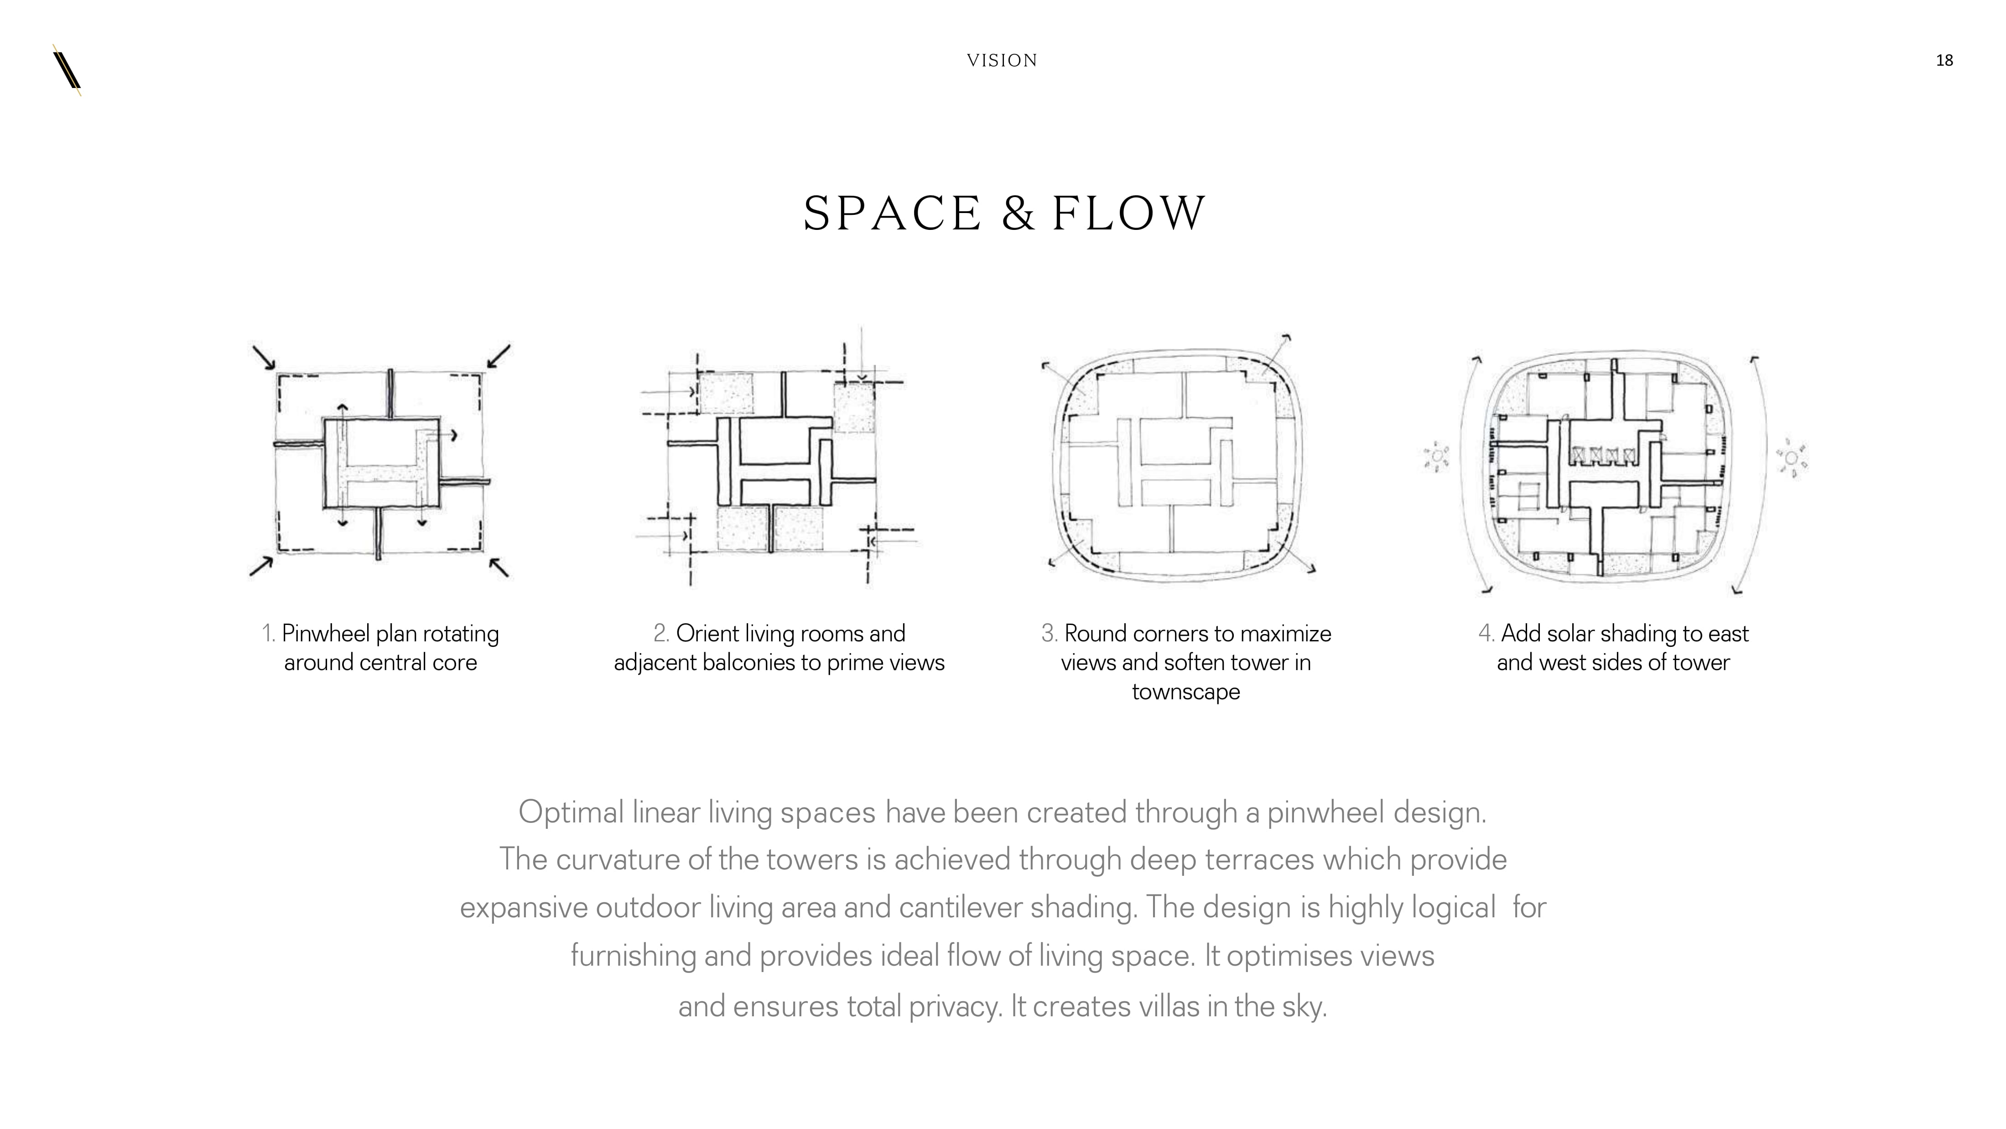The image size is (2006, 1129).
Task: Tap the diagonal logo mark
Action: click(67, 70)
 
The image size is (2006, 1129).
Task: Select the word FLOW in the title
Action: click(1128, 213)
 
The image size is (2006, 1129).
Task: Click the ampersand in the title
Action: click(1018, 213)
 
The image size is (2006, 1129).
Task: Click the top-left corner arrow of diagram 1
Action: click(264, 357)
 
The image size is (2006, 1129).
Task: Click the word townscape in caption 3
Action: click(1185, 692)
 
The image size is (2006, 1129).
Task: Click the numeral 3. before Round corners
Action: click(1050, 634)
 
